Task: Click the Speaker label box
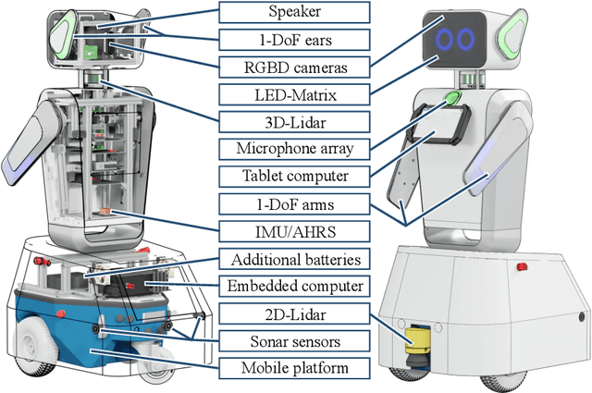[x=292, y=12]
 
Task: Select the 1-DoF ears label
[x=292, y=39]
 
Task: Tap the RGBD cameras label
[x=292, y=67]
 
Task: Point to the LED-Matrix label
[x=292, y=93]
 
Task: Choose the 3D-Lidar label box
[x=292, y=121]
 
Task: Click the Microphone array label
[x=292, y=149]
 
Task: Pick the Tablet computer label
[x=292, y=176]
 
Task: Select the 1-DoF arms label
[x=292, y=203]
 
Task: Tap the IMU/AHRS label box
[x=292, y=231]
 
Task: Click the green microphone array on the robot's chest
[x=453, y=98]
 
